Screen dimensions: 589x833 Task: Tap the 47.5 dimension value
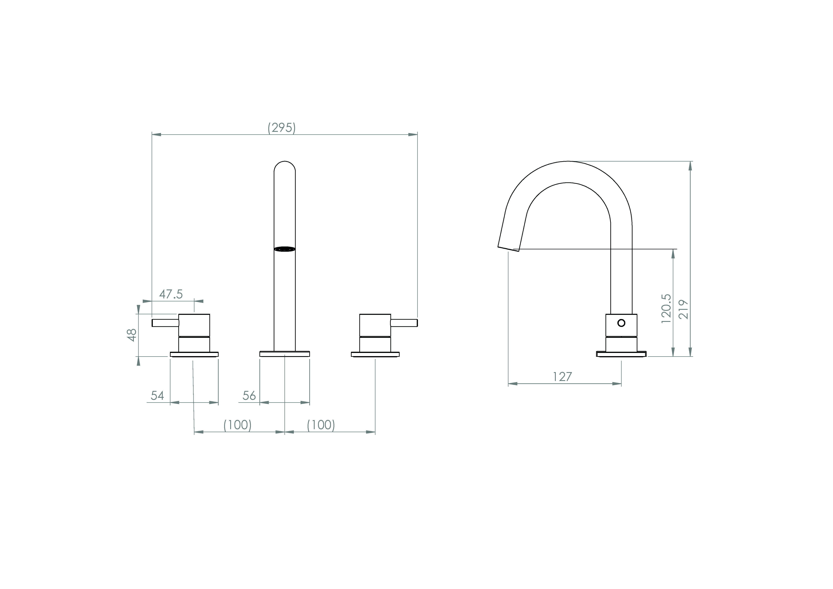171,294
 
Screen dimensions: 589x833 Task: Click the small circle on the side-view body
621,323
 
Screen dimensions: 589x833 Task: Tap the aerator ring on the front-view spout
285,249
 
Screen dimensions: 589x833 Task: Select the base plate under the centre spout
285,354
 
